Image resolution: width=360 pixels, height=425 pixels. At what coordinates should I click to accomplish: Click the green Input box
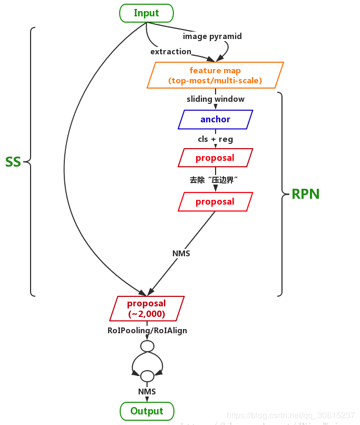[147, 13]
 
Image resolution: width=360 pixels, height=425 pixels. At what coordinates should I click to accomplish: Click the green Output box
[147, 411]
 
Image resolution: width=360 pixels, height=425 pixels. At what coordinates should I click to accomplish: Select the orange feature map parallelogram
[215, 75]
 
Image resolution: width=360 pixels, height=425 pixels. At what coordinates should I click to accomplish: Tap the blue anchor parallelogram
[215, 119]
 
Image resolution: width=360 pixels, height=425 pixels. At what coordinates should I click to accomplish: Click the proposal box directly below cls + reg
[215, 158]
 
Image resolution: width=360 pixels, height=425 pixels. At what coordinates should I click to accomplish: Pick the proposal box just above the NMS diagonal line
[215, 201]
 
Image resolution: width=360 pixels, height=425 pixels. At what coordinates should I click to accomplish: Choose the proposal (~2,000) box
[147, 308]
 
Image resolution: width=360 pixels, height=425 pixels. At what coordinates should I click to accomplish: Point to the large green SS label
[13, 162]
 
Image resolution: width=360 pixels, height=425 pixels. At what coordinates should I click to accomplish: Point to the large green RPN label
[306, 194]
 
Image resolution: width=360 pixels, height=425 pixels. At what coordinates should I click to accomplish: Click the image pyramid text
[212, 36]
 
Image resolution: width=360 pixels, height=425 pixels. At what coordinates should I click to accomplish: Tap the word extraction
[171, 52]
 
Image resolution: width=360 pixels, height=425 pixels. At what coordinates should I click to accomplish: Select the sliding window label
[216, 99]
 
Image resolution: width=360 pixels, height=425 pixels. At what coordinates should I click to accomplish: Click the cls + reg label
[216, 139]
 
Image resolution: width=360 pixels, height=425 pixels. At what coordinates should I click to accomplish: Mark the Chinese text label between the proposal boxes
[215, 180]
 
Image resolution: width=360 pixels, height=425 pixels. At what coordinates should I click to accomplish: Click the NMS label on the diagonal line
[181, 254]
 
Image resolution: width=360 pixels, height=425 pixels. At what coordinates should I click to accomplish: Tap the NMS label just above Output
[147, 391]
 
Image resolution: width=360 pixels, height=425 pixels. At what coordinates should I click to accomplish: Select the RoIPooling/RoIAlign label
[147, 331]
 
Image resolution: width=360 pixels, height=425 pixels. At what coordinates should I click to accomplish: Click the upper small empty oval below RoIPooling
[147, 346]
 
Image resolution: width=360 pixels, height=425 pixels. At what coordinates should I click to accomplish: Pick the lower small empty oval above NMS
[147, 376]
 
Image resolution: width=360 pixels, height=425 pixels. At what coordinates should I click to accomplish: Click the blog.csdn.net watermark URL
[290, 416]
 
